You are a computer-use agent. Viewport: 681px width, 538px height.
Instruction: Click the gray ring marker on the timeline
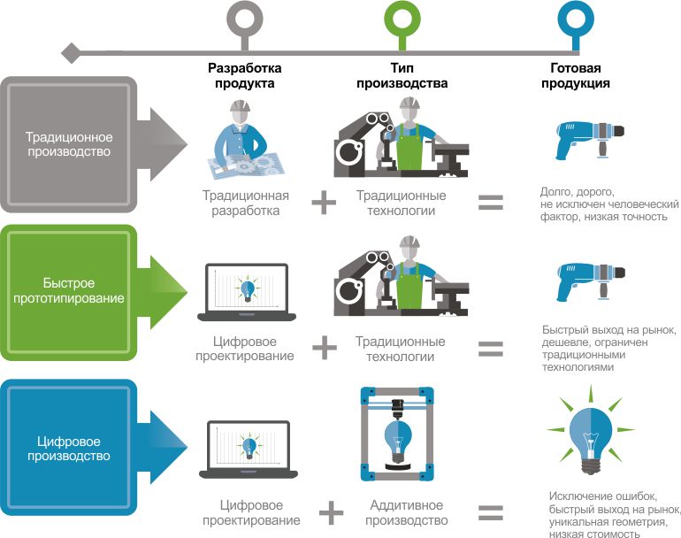243,18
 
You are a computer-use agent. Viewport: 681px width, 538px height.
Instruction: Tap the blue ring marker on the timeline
575,18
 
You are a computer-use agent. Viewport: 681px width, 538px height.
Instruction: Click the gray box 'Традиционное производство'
69,144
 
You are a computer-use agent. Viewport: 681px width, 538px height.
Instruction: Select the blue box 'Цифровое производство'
69,448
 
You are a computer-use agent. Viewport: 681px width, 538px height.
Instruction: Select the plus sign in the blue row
329,511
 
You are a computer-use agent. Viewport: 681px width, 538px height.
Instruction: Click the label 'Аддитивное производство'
401,512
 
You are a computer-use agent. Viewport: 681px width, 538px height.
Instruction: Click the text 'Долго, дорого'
576,190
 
